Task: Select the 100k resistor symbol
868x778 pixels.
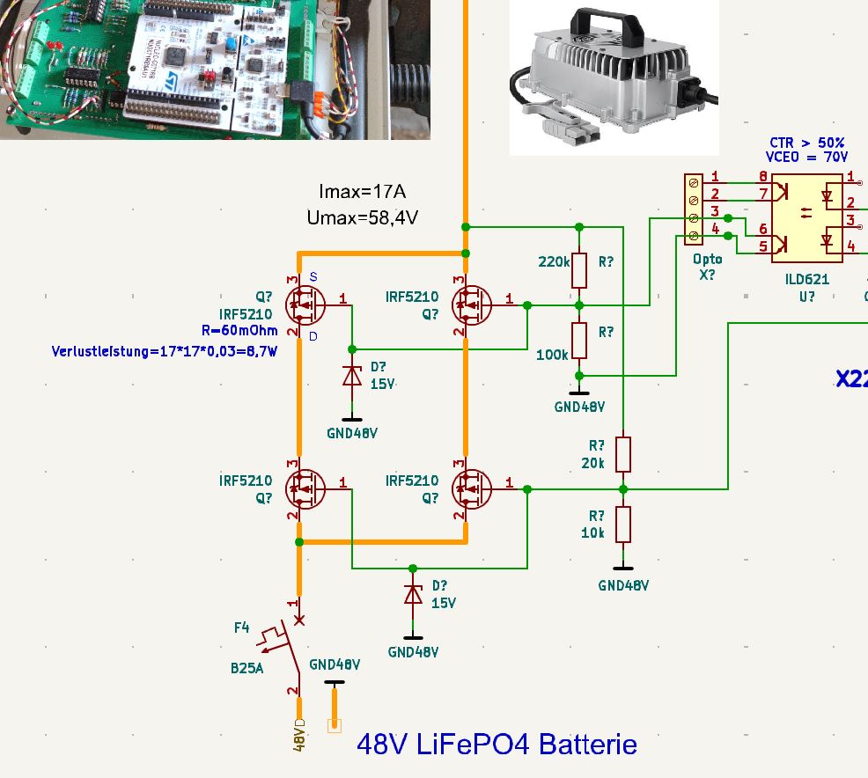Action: coord(579,340)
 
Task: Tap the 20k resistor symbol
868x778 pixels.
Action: coord(623,453)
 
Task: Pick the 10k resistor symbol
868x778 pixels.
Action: coord(623,524)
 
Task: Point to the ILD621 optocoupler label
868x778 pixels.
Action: coord(807,279)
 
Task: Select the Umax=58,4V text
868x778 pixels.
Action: coord(362,216)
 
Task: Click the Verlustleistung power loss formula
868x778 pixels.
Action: coord(165,352)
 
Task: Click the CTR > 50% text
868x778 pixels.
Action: coord(806,143)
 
